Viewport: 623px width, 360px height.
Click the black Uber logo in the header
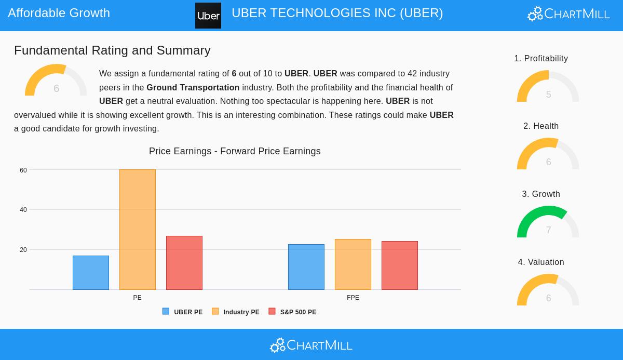pos(208,16)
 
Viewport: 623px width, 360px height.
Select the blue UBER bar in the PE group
pos(91,273)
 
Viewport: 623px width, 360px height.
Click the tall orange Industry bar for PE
pos(138,230)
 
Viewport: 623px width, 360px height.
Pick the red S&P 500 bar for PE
pos(184,263)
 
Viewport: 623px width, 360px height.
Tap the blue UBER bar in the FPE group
pos(306,267)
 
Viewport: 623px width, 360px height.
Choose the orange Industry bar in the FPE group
pos(353,264)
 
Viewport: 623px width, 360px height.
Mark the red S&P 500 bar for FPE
pos(400,265)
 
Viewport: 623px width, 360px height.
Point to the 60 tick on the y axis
pos(23,170)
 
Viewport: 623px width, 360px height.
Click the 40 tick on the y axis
pos(23,210)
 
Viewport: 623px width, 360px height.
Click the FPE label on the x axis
pos(353,298)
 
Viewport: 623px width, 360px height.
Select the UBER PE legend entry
pos(183,312)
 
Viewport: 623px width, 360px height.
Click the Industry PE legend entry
pos(236,312)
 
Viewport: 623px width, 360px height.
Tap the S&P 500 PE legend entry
pos(292,312)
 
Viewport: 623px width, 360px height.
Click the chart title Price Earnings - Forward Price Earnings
pos(235,151)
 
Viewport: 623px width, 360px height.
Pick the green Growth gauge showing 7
pos(548,222)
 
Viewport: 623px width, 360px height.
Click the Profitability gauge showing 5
pos(548,87)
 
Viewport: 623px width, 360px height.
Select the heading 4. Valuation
pos(541,262)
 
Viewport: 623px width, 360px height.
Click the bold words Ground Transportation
pos(193,88)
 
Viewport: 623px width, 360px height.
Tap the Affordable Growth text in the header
pos(59,13)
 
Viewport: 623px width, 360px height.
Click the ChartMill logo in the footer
pos(311,345)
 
